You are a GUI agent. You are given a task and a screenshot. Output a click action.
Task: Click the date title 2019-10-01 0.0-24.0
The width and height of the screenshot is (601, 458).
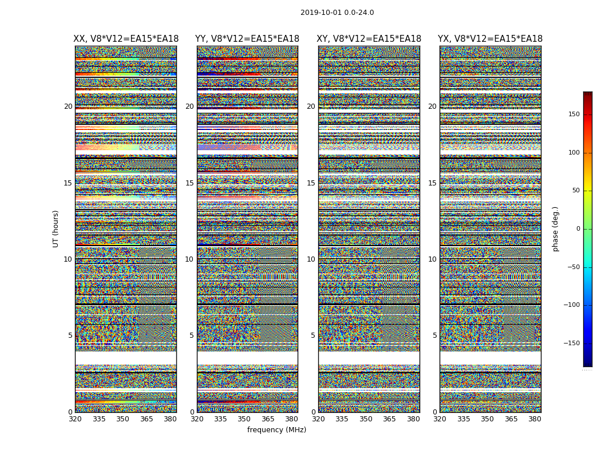click(337, 13)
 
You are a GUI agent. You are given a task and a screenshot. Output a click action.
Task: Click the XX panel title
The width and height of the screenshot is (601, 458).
click(126, 39)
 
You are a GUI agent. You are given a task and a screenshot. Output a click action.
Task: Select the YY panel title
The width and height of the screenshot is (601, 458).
click(247, 39)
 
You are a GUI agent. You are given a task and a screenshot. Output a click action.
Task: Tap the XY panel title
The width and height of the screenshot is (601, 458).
click(369, 39)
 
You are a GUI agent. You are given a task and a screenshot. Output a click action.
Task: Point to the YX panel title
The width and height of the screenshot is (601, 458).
click(491, 39)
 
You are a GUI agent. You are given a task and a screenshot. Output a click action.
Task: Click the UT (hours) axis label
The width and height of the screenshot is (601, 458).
click(56, 228)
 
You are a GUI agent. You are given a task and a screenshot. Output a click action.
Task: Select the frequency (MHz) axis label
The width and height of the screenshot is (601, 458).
click(276, 430)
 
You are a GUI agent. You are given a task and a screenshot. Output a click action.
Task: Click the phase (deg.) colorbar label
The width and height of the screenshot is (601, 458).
click(555, 229)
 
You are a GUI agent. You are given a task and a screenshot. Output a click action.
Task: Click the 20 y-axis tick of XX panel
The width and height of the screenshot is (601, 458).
click(68, 106)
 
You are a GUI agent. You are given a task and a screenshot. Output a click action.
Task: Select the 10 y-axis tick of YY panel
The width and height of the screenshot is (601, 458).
click(189, 259)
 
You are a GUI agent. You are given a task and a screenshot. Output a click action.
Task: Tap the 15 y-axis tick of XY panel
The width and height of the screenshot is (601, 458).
click(311, 183)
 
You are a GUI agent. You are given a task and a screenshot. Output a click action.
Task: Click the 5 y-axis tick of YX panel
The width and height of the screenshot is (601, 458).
click(434, 335)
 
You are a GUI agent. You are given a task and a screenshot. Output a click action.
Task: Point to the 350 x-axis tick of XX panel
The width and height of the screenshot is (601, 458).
click(122, 419)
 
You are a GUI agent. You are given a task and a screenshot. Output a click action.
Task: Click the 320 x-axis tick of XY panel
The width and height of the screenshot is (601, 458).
click(318, 419)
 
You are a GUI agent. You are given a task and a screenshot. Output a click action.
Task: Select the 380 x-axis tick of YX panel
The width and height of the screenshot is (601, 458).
click(535, 419)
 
